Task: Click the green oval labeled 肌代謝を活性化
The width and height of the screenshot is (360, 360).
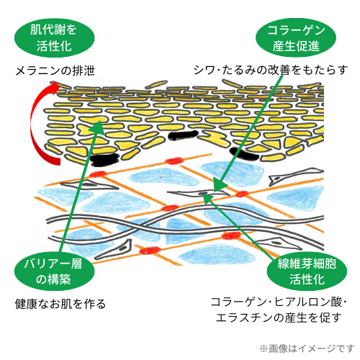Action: pos(55,38)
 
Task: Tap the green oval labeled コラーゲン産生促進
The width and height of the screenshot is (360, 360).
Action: pos(296,37)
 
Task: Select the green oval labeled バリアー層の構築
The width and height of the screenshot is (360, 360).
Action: pos(55,271)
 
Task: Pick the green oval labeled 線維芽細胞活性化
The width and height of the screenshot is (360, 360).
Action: pos(307,271)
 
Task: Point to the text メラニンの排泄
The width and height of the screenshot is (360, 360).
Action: pos(55,71)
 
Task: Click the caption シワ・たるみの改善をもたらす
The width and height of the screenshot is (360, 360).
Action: pos(271,70)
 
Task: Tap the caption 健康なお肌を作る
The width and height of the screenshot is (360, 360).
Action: pos(60,304)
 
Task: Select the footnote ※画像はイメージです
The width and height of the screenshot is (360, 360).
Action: pos(307,348)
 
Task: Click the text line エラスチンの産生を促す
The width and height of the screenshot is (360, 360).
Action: pos(279,318)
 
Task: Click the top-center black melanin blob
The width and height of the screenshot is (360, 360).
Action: pos(183,135)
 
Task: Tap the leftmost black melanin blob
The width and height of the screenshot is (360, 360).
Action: pos(105,160)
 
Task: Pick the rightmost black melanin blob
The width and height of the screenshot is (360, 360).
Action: pos(244,154)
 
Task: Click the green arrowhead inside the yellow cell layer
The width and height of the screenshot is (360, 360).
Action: pos(98,127)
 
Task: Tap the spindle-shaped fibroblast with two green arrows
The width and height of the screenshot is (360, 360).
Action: pos(199,193)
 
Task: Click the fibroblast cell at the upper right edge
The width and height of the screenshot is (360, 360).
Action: pos(296,176)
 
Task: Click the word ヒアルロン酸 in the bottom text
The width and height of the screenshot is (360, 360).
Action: pos(308,302)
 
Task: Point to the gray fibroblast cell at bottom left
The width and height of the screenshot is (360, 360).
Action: pos(113,250)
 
